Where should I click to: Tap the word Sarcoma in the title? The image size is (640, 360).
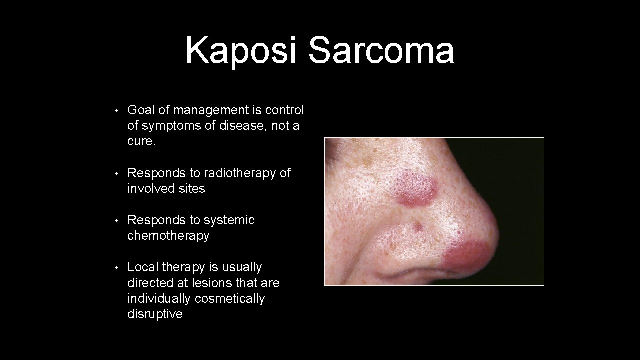pyautogui.click(x=381, y=50)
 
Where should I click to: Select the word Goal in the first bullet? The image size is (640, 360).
pyautogui.click(x=142, y=110)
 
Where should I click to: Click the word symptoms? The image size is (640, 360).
pyautogui.click(x=173, y=125)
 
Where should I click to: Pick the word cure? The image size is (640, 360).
pyautogui.click(x=141, y=141)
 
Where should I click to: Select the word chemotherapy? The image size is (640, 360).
pyautogui.click(x=168, y=236)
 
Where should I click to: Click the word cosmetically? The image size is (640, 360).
pyautogui.click(x=230, y=299)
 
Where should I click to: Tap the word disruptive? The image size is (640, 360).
pyautogui.click(x=155, y=314)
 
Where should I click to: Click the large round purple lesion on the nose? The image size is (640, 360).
pyautogui.click(x=416, y=187)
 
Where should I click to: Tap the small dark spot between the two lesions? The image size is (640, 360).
pyautogui.click(x=417, y=228)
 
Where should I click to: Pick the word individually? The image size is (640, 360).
pyautogui.click(x=159, y=299)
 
